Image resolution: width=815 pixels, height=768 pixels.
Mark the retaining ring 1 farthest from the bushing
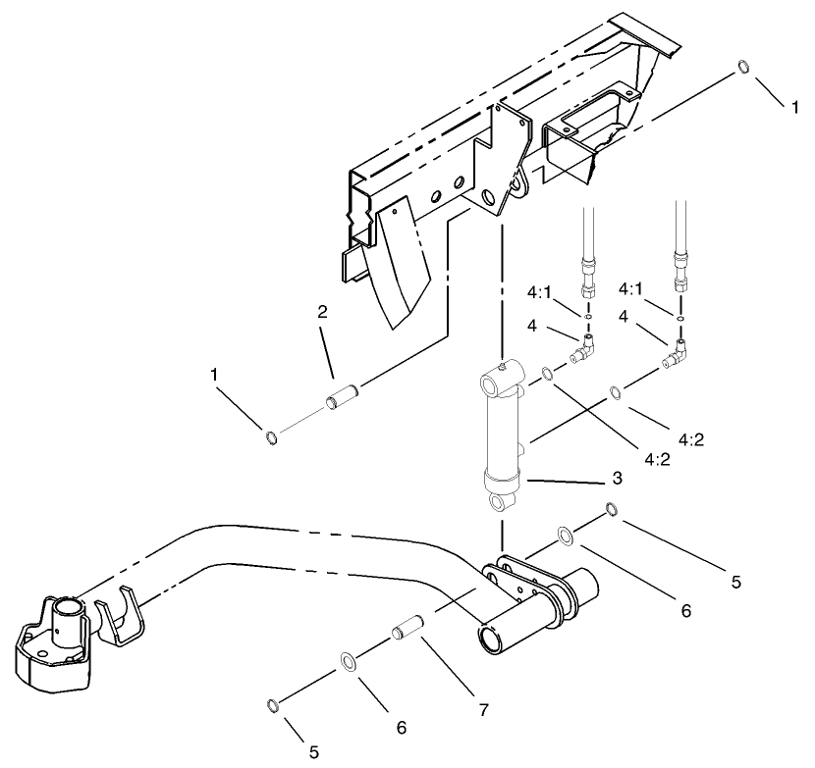coord(744,68)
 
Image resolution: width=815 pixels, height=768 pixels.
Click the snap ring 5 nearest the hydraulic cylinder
coord(611,509)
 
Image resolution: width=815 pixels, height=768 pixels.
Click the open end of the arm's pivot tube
coord(487,640)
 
